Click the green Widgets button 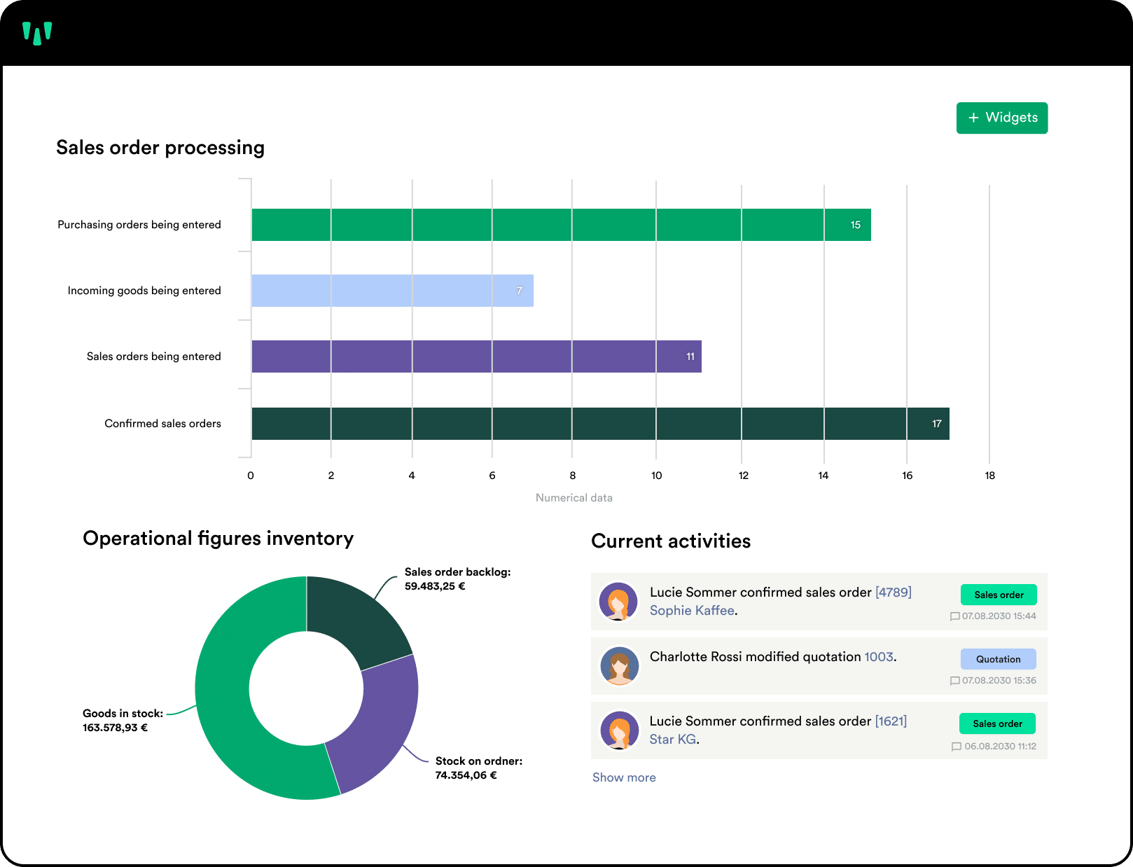tap(1001, 118)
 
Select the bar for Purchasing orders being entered tap(561, 225)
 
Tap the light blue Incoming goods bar tap(392, 291)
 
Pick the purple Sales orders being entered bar tap(476, 356)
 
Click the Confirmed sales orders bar tap(600, 424)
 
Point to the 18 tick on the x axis tap(989, 476)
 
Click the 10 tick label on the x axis tap(656, 476)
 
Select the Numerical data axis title tap(574, 497)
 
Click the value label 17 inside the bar tap(936, 424)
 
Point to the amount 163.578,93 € tap(115, 728)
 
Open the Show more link tap(623, 777)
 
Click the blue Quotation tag tap(998, 659)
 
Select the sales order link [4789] tap(893, 592)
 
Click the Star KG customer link tap(672, 739)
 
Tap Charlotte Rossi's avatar tap(620, 666)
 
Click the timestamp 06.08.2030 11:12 tap(1000, 747)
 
